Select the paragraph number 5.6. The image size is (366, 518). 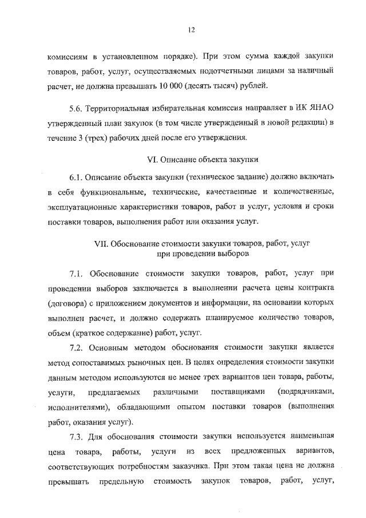click(x=80, y=107)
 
